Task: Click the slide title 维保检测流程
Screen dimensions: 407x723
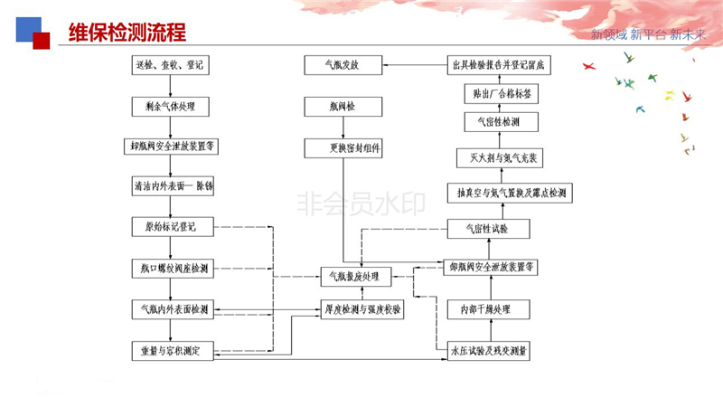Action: [127, 33]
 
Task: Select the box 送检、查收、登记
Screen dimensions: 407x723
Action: [171, 65]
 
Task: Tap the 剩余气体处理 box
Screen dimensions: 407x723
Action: [171, 106]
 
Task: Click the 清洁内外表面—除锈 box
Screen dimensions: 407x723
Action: [171, 186]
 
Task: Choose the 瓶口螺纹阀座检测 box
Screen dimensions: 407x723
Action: [171, 268]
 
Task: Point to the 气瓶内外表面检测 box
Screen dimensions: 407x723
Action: [171, 308]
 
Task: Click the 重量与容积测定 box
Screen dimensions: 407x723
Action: [171, 349]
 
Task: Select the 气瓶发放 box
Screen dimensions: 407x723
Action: [343, 65]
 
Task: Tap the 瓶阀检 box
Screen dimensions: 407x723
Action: [343, 106]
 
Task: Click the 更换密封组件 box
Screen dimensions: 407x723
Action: [343, 147]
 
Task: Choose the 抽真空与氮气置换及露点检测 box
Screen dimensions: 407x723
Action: [512, 193]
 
